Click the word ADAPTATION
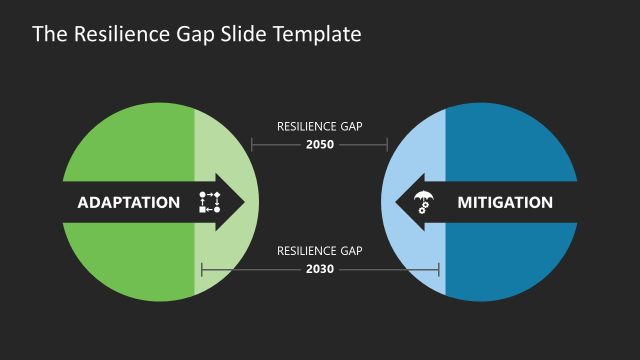pos(128,203)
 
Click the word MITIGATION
pos(504,203)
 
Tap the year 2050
pos(319,144)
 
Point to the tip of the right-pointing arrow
pos(245,203)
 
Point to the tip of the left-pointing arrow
pos(396,203)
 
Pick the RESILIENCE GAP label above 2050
pos(319,127)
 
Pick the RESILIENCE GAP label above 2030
pos(319,251)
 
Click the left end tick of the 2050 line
pos(251,145)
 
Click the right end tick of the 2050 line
pos(387,145)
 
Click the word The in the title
pos(48,34)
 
